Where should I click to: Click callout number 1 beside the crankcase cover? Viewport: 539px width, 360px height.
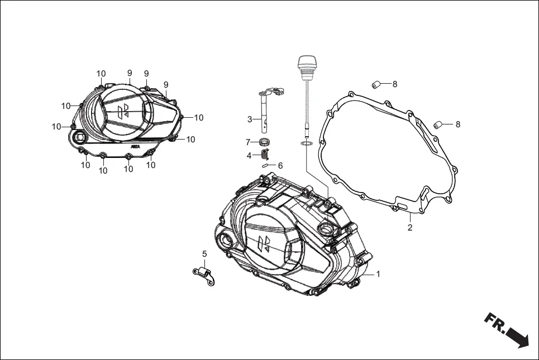point(378,274)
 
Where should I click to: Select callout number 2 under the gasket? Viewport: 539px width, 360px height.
point(410,228)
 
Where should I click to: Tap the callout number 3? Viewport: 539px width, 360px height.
point(250,119)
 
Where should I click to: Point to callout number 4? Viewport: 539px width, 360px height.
point(249,156)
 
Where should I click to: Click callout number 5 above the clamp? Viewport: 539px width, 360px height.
point(204,254)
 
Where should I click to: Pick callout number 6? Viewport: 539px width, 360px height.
point(280,166)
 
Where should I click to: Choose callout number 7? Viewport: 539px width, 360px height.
point(249,142)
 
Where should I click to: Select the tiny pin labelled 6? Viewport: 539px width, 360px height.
point(266,166)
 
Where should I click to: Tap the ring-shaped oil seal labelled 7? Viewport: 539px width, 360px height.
point(265,141)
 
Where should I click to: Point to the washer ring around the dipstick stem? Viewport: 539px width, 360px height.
point(306,145)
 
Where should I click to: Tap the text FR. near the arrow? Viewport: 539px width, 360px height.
point(495,324)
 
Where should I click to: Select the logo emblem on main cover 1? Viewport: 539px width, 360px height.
point(263,243)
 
